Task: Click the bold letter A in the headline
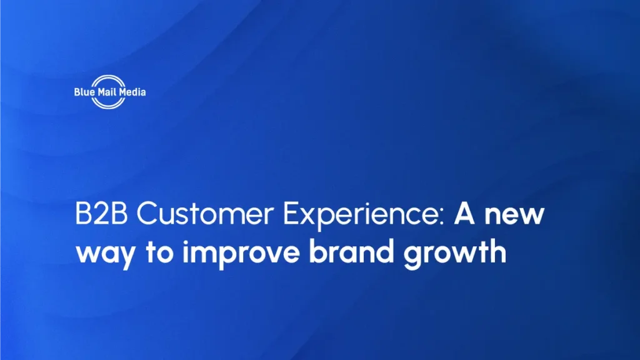pos(463,216)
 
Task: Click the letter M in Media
pos(119,92)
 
